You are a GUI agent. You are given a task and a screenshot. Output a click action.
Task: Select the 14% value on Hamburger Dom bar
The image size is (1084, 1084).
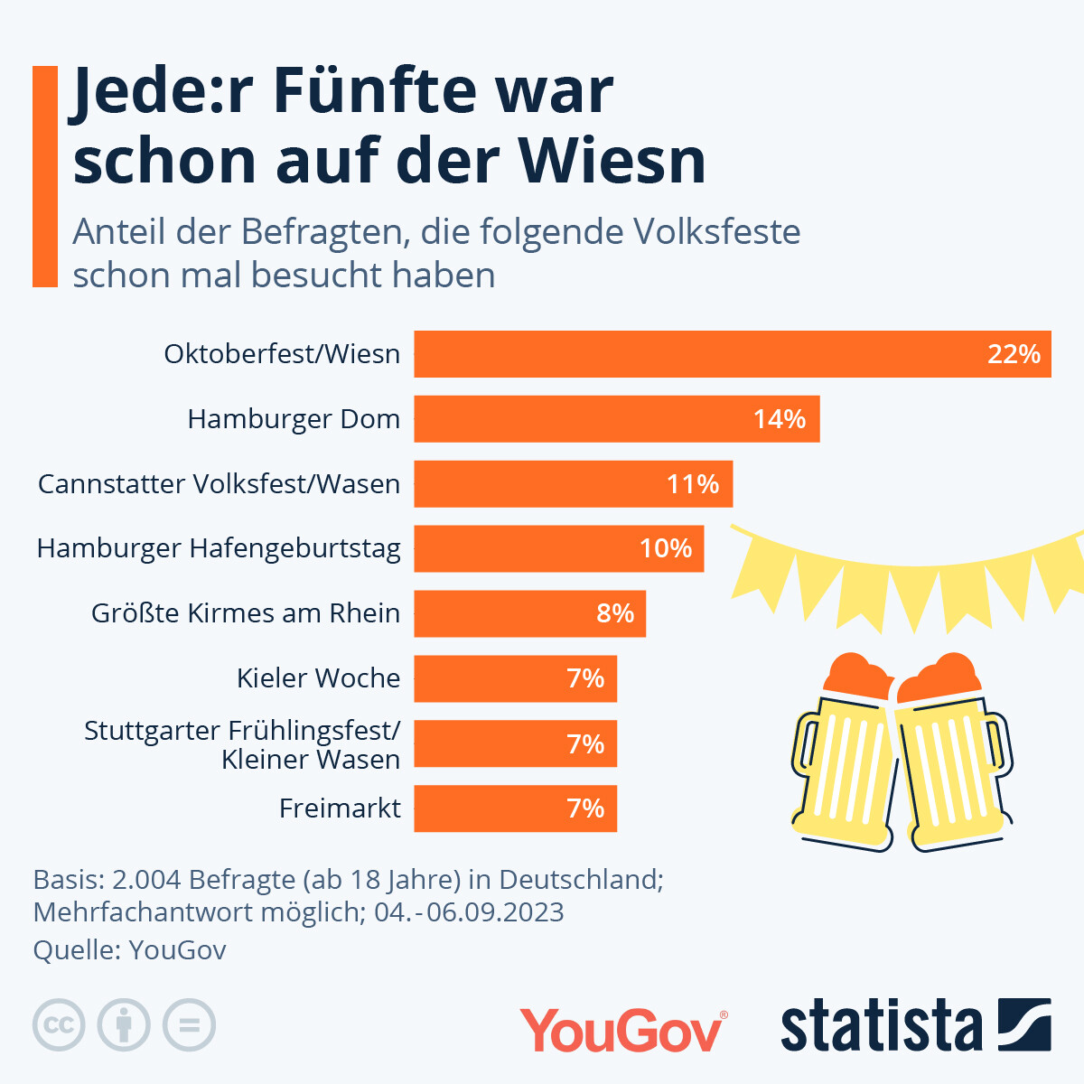[x=780, y=419]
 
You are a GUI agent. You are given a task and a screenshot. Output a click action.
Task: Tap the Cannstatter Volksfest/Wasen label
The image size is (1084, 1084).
[x=219, y=484]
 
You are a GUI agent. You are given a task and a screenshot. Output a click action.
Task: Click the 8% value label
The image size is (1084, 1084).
[x=615, y=613]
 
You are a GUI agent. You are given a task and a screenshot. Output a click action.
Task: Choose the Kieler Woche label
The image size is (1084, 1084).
[x=318, y=678]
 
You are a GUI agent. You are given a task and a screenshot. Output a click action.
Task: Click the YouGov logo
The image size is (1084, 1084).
[x=622, y=1031]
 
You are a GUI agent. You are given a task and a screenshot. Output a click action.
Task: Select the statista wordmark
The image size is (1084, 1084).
[x=881, y=1027]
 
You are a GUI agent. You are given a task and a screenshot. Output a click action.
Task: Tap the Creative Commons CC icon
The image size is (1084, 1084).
[x=59, y=1025]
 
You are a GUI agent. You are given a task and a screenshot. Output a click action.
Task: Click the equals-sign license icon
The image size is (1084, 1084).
[x=189, y=1025]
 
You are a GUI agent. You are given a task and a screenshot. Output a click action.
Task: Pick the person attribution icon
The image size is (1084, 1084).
[x=124, y=1025]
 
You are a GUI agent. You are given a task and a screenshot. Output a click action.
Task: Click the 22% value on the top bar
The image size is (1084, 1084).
[x=1014, y=354]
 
